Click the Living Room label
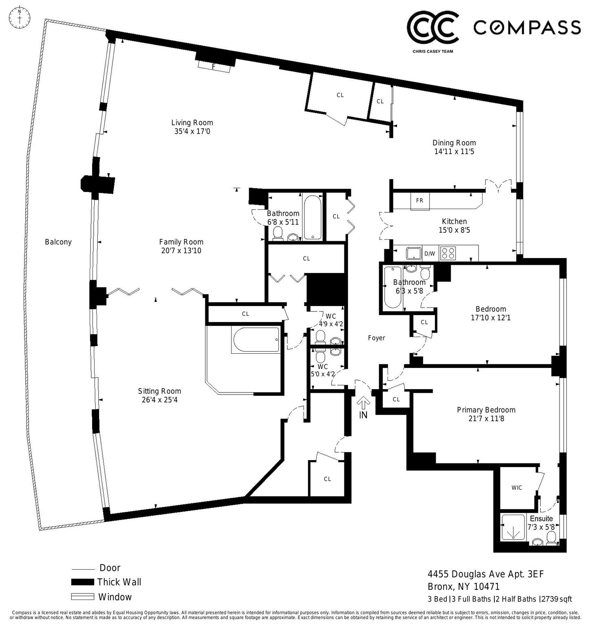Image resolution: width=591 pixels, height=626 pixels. click(x=192, y=122)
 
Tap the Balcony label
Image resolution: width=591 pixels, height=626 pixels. click(x=58, y=242)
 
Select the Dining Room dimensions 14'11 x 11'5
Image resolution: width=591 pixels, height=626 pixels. click(x=454, y=152)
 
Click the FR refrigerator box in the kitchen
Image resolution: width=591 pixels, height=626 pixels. click(x=419, y=201)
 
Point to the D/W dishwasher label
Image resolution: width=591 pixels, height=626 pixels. click(x=430, y=253)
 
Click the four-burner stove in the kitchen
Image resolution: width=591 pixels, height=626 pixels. click(x=447, y=253)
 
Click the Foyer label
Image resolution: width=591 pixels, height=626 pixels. click(x=376, y=338)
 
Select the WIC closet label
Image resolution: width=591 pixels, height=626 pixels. click(x=516, y=487)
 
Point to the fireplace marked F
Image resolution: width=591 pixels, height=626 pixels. click(x=214, y=66)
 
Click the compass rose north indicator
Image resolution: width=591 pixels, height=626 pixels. click(x=20, y=18)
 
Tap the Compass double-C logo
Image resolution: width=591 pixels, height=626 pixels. click(x=433, y=27)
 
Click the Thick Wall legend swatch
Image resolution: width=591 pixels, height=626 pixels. click(x=83, y=582)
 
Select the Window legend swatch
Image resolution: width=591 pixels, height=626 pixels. click(x=83, y=597)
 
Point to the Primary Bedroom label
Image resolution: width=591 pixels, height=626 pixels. click(x=486, y=410)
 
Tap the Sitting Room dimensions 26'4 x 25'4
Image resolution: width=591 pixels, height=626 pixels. click(x=159, y=400)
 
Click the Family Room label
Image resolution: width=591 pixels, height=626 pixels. click(x=181, y=242)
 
